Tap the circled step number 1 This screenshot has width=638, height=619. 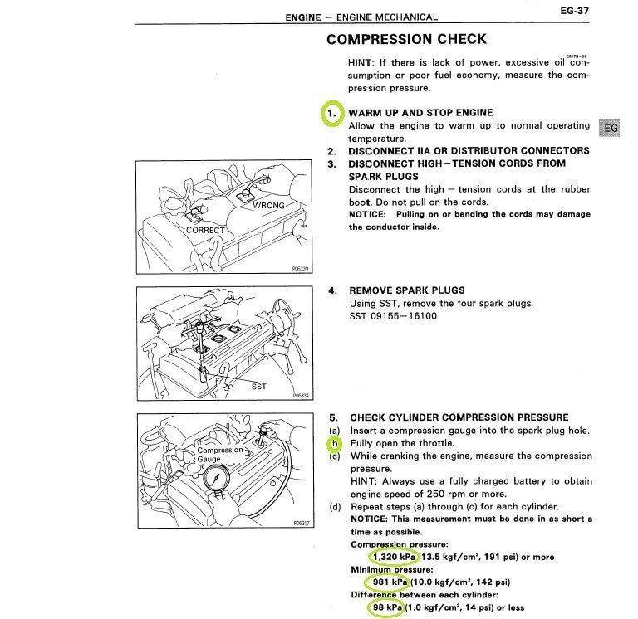coord(332,112)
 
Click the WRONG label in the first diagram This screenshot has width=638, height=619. coord(269,205)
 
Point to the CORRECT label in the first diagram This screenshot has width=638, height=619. coord(205,230)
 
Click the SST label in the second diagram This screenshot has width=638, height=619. coord(259,386)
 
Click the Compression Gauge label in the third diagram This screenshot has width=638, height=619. coord(220,455)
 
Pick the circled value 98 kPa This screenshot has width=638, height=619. coord(385,607)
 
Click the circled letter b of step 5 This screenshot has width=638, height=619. coord(335,443)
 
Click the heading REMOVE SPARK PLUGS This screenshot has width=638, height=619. coord(406,290)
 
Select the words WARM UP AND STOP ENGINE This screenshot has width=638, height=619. coord(420,112)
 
